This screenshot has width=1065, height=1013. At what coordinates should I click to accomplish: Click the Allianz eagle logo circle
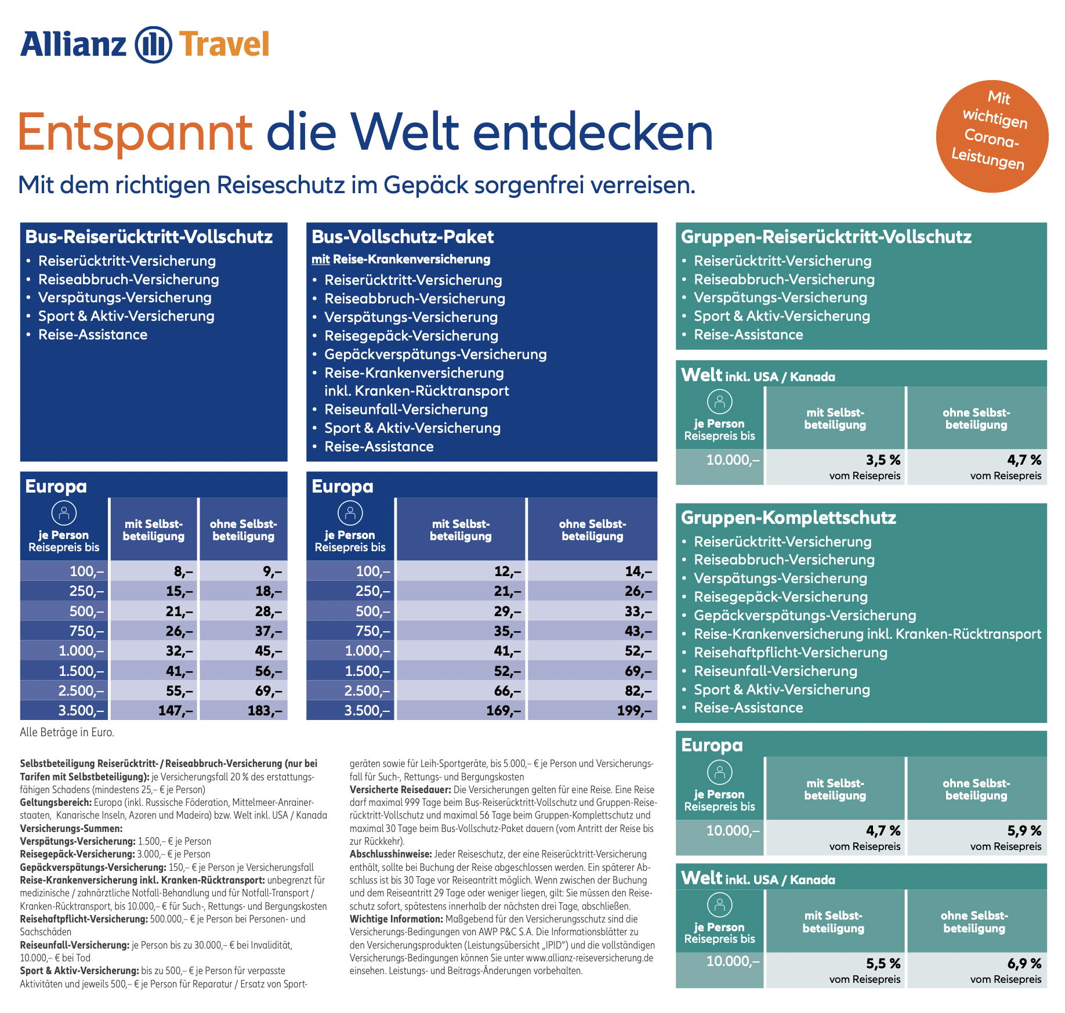click(153, 45)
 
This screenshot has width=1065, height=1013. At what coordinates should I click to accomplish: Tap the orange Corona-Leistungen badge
click(992, 136)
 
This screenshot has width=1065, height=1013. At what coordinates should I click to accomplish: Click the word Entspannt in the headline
click(135, 132)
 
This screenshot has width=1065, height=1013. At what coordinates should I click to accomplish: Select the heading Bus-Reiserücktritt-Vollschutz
click(149, 237)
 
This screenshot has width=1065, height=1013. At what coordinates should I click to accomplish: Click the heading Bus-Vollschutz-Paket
click(403, 237)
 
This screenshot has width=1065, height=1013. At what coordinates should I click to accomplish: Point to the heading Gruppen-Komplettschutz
click(788, 518)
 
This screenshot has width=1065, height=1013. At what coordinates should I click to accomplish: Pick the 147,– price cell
click(175, 710)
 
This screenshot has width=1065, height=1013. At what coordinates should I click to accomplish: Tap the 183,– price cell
click(264, 710)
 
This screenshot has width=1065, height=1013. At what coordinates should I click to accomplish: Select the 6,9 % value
click(1024, 964)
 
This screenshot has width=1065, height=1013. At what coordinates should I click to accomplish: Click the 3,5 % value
click(883, 460)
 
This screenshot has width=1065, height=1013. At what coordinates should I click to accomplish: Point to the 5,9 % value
click(1024, 831)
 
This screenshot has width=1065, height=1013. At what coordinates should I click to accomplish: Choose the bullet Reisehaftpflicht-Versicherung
click(791, 653)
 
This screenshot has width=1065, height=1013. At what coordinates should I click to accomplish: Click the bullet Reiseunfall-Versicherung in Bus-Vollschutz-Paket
click(406, 410)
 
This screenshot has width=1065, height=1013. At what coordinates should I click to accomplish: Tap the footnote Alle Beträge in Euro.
click(67, 732)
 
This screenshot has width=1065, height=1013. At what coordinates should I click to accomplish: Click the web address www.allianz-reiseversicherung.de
click(589, 958)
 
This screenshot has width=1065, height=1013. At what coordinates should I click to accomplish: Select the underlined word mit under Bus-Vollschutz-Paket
click(320, 259)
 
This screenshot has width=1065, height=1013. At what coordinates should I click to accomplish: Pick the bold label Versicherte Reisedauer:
click(400, 790)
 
